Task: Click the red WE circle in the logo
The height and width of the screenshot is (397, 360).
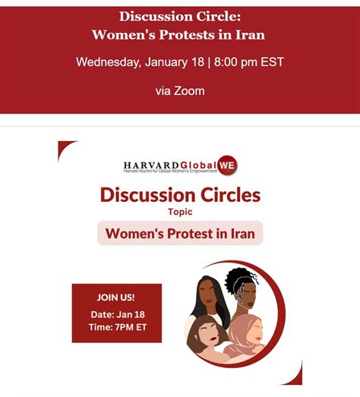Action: [227, 164]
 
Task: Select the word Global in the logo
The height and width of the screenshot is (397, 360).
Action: [197, 165]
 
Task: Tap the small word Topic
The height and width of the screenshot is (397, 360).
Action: [179, 213]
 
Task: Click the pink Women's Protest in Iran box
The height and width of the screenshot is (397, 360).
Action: [180, 233]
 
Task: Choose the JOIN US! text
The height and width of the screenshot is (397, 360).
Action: [116, 297]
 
